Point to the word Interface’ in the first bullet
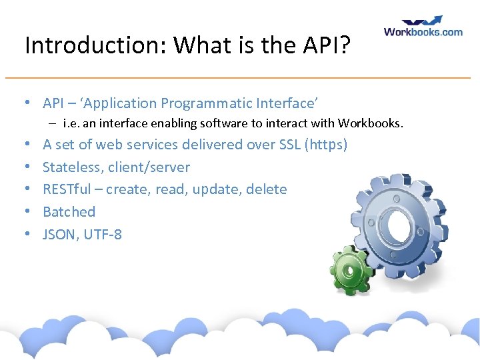[x=287, y=103]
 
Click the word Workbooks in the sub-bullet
[x=369, y=123]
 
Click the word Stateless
[x=72, y=167]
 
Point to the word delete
[x=267, y=189]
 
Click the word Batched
[x=69, y=212]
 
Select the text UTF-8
[x=103, y=235]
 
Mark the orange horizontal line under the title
[x=240, y=78]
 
